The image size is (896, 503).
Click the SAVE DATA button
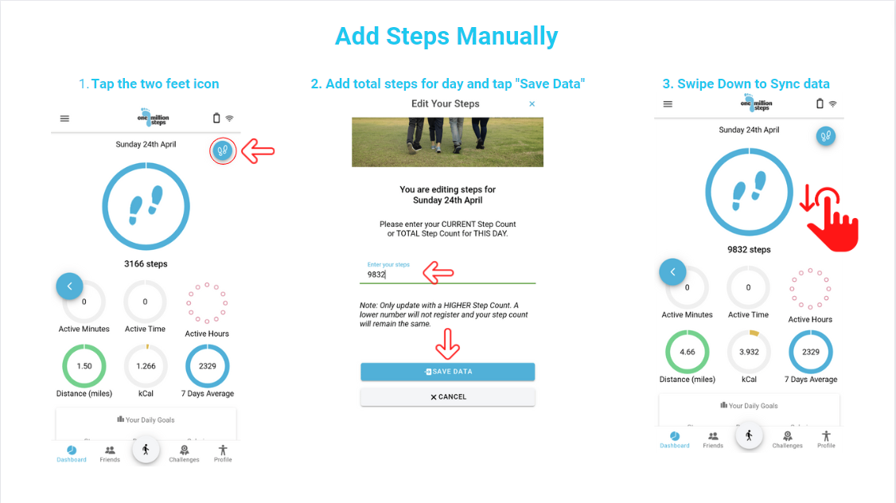(447, 372)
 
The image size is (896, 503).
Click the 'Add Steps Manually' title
(446, 37)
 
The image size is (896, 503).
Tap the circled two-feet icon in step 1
(223, 150)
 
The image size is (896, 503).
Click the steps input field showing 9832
(447, 275)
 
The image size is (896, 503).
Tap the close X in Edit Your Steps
(532, 104)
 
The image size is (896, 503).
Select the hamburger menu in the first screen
(64, 119)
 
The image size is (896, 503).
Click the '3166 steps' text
(146, 264)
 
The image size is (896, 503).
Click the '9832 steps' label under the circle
(749, 250)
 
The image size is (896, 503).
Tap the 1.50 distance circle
(84, 367)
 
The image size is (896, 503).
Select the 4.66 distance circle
(688, 353)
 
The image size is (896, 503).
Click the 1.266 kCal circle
(146, 367)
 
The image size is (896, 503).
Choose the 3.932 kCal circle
(749, 353)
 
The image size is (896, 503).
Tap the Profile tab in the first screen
(223, 453)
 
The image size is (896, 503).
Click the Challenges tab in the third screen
(787, 439)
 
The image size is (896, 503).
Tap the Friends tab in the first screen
(110, 453)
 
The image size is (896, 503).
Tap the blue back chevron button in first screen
(69, 286)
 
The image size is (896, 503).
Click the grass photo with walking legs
(447, 142)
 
